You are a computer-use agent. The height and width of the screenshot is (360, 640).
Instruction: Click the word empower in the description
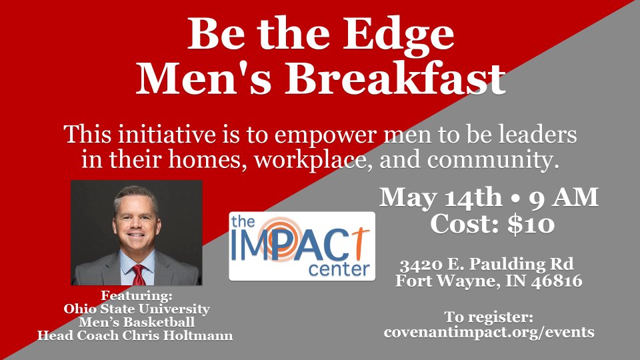325,135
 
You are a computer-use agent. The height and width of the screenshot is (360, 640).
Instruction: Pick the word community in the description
492,159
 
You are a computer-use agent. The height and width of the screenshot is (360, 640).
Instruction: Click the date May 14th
441,199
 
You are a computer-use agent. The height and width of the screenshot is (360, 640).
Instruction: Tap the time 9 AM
564,198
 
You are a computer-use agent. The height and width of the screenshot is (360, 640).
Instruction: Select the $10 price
531,224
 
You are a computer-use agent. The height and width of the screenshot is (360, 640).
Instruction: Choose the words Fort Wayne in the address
447,281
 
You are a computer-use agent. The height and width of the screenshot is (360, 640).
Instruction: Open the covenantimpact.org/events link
489,332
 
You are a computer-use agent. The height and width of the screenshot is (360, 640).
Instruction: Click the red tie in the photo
139,275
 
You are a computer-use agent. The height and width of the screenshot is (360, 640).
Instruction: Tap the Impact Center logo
302,246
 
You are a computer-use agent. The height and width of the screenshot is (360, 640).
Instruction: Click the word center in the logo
339,269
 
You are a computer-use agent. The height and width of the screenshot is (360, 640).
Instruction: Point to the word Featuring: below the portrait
137,295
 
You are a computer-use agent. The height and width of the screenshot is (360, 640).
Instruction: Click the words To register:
489,317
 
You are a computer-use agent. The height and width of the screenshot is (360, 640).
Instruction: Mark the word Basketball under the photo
159,322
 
